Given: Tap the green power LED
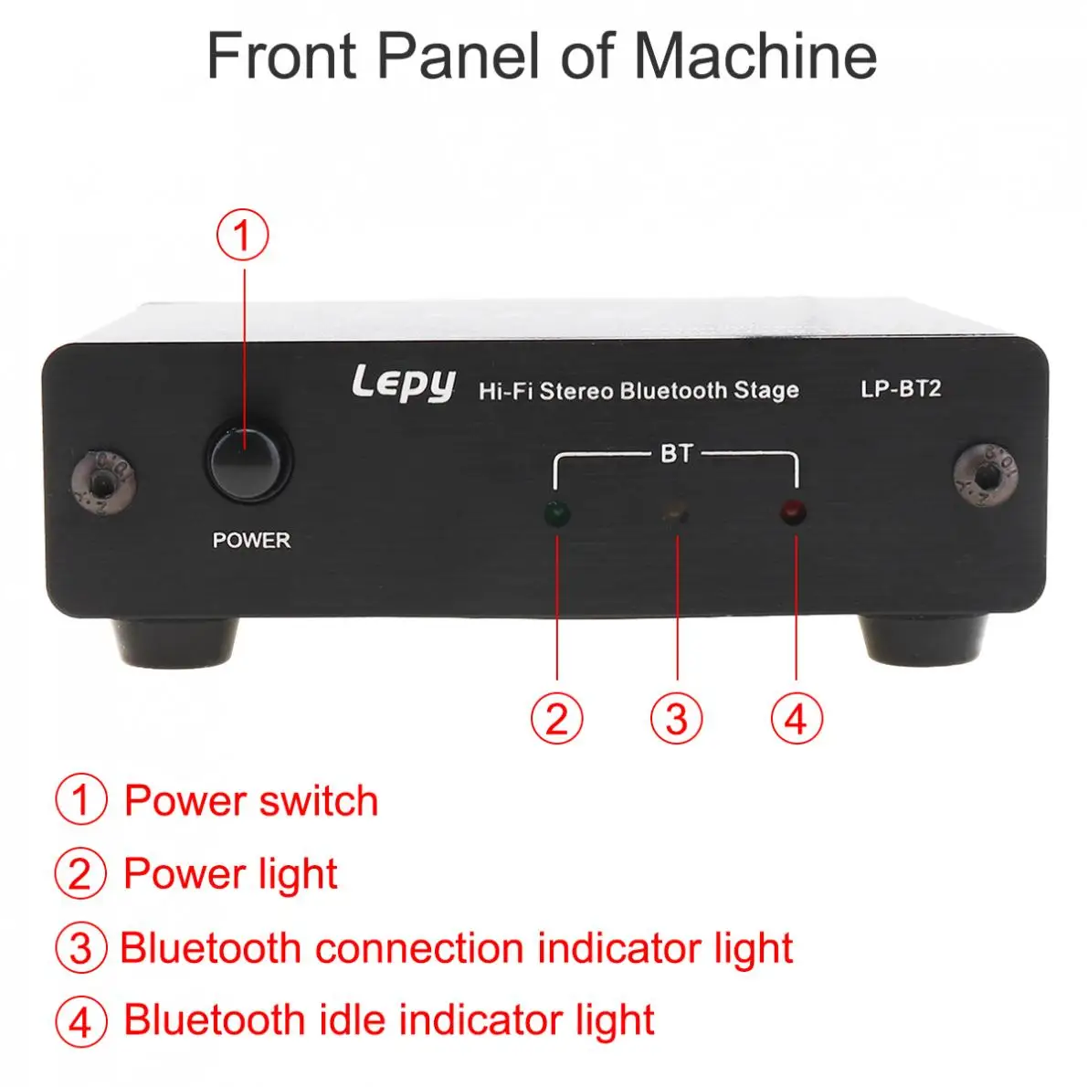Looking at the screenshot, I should point(556,514).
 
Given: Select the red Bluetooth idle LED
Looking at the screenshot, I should point(794,512).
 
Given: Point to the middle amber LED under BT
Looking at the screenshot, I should point(676,514).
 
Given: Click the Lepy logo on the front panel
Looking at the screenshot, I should point(403,384).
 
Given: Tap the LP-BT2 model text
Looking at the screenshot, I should point(901,389).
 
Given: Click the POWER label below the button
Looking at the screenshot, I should point(251,540).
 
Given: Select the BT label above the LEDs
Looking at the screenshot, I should point(676,453).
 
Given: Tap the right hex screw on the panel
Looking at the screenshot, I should point(985,471).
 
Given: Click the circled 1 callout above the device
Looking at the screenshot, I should point(242,235).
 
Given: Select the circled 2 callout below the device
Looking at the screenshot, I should point(556,718).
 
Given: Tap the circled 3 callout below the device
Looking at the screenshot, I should point(677,718).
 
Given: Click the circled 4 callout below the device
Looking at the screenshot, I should point(797,718).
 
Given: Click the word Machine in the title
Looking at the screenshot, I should point(755,56).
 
